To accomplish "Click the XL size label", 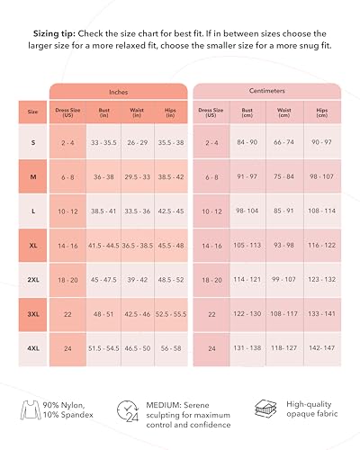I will tap(33, 245).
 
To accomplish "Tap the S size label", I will tap(33, 142).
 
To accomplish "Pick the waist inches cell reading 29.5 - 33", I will tap(137, 177).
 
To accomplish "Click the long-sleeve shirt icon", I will tap(30, 411).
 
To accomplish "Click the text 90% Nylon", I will tap(67, 405).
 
